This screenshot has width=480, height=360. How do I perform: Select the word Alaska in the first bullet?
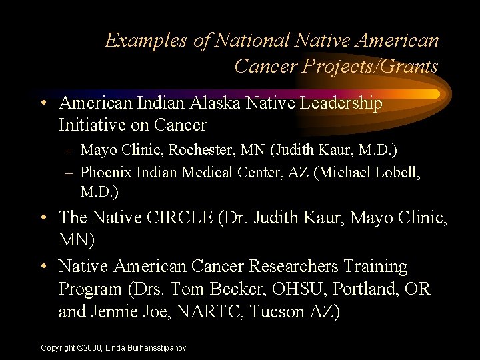[x=213, y=103]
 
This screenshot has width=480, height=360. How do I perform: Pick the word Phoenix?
[x=105, y=173]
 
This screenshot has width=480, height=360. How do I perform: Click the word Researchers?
[x=293, y=267]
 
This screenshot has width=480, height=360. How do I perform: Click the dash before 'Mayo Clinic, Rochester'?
[x=69, y=153]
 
